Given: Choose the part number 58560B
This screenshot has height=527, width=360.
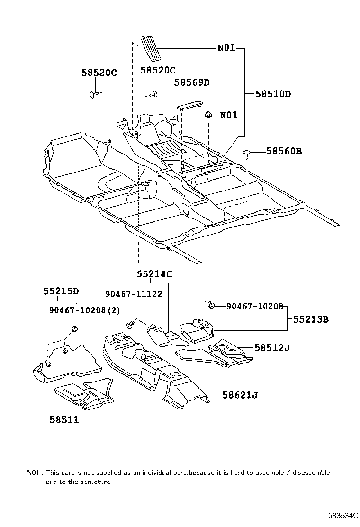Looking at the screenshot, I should (x=284, y=151).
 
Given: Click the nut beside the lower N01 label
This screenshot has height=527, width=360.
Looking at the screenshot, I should (x=208, y=115).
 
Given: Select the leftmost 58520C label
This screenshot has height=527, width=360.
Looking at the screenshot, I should (x=99, y=73).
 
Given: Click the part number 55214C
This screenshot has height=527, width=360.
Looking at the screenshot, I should (x=154, y=274).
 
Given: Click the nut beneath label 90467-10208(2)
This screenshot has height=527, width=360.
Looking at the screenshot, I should (x=74, y=328).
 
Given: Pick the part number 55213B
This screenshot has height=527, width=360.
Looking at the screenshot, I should (x=310, y=319).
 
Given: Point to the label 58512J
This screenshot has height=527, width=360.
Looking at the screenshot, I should (x=272, y=347).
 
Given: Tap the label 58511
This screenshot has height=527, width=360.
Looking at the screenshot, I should (x=64, y=419).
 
